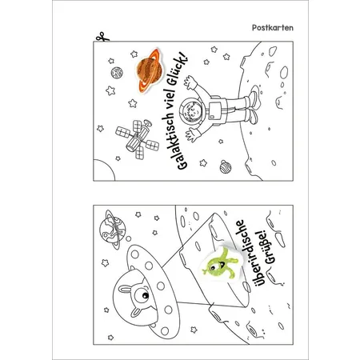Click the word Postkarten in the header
click(273, 28)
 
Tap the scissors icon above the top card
click(102, 37)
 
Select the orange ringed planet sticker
click(149, 70)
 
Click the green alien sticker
click(219, 263)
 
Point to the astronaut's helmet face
click(192, 110)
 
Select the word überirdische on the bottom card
click(247, 253)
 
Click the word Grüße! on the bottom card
click(266, 248)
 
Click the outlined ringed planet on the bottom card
click(113, 229)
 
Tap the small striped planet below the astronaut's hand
click(226, 166)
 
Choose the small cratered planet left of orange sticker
click(117, 72)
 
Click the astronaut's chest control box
click(214, 110)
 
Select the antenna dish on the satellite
click(147, 123)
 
